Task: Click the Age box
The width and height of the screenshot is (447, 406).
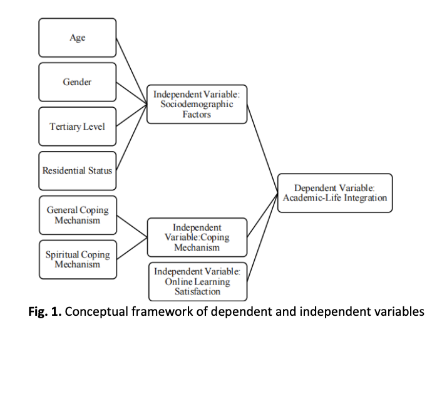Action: (x=77, y=38)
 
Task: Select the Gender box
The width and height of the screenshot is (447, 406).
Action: (x=77, y=82)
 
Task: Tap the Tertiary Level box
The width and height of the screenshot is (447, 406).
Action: (x=77, y=127)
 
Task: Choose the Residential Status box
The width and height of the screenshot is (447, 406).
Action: (x=77, y=170)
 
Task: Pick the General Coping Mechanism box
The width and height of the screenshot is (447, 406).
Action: (x=77, y=215)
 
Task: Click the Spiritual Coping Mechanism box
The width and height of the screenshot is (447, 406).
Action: (x=77, y=259)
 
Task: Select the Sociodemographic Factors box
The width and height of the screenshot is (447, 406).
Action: (x=197, y=105)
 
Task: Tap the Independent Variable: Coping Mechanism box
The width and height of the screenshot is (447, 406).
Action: (x=197, y=237)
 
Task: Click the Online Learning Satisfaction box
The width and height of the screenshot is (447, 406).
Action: (x=197, y=282)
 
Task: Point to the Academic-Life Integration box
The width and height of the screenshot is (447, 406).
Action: (x=335, y=193)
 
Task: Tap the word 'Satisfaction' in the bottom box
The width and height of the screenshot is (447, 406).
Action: (x=197, y=291)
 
